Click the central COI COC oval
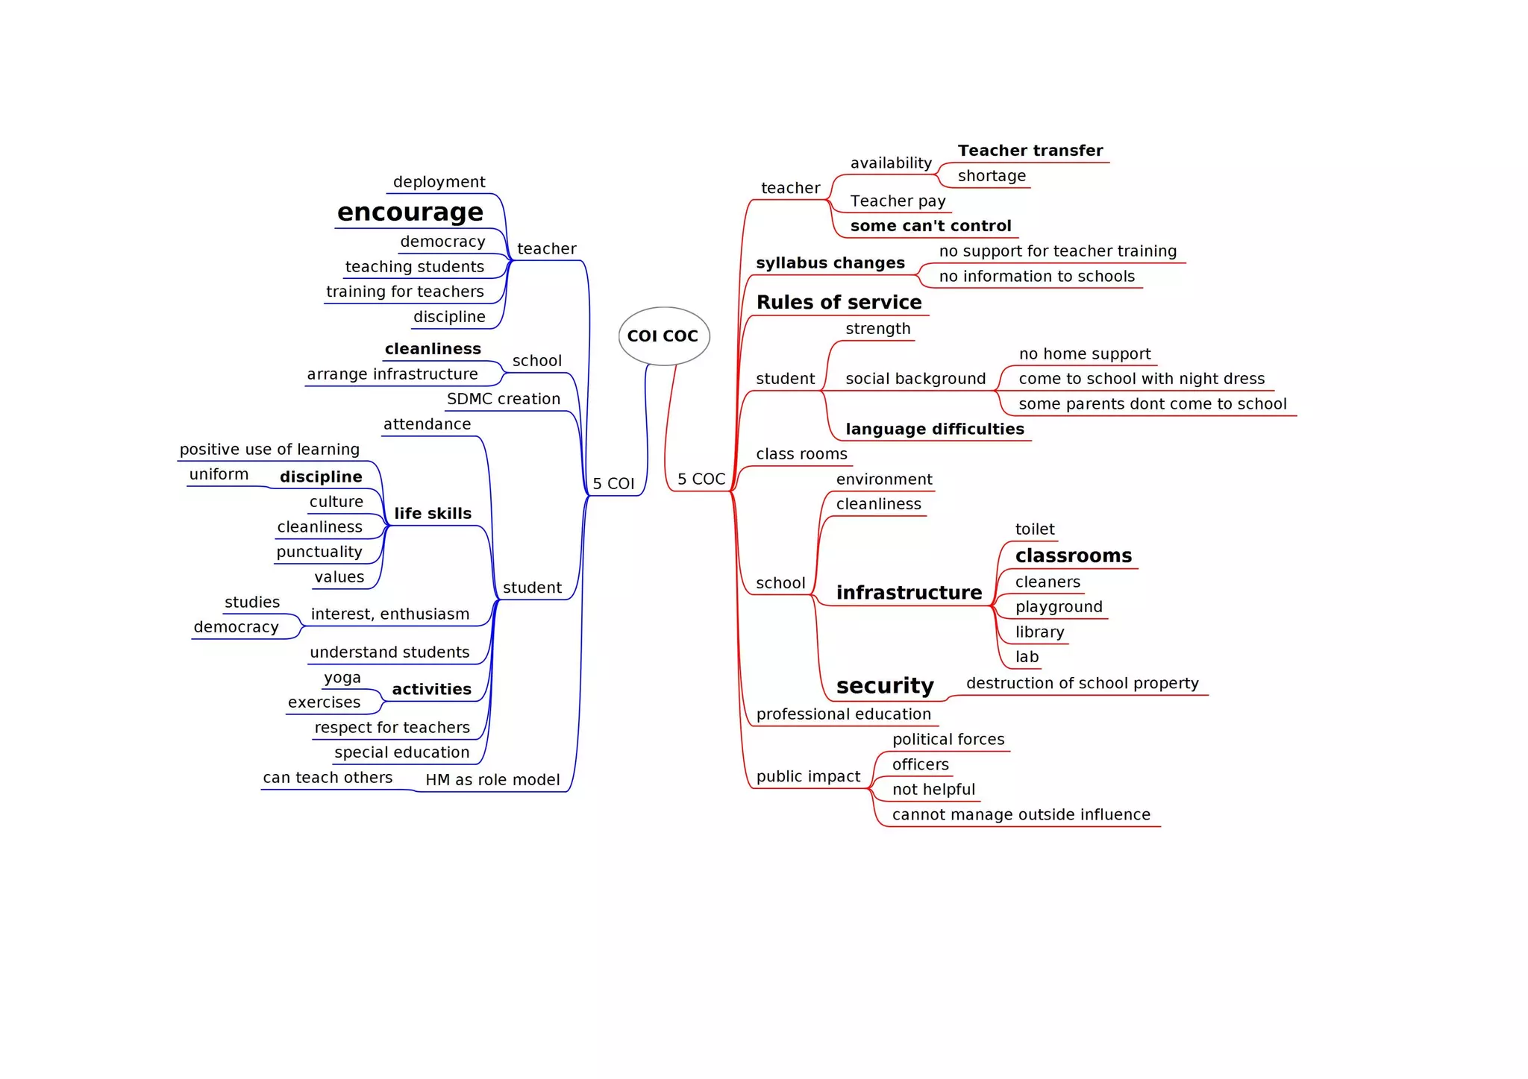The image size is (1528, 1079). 663,336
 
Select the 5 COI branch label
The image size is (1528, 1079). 613,483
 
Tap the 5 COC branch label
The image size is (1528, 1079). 701,479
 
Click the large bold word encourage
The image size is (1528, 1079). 410,213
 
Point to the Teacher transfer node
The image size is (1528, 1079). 1030,151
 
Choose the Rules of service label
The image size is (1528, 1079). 839,302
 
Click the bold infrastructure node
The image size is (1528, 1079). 909,592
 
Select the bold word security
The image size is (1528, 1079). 885,685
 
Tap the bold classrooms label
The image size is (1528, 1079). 1073,556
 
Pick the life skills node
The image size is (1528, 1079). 433,513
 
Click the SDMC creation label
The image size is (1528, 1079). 504,399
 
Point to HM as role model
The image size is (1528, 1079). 492,780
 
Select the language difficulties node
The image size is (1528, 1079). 934,429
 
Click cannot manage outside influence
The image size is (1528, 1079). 1021,814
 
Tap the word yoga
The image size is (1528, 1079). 342,677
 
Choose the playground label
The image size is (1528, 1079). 1058,606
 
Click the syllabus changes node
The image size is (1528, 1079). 830,262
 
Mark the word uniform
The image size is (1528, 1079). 219,474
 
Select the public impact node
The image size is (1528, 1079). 808,776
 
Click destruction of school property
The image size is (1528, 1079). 1082,683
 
